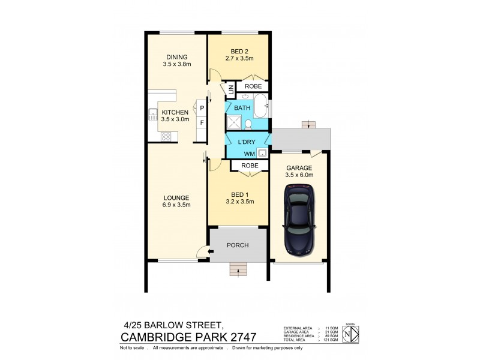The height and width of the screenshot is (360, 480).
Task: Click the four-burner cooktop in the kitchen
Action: (x=166, y=137)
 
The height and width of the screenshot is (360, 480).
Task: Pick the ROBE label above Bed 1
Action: (x=249, y=166)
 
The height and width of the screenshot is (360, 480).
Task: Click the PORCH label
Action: (x=237, y=245)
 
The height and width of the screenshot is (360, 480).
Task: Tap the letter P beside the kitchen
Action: (x=202, y=108)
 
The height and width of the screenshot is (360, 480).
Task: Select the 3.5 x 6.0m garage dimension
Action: (x=300, y=176)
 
